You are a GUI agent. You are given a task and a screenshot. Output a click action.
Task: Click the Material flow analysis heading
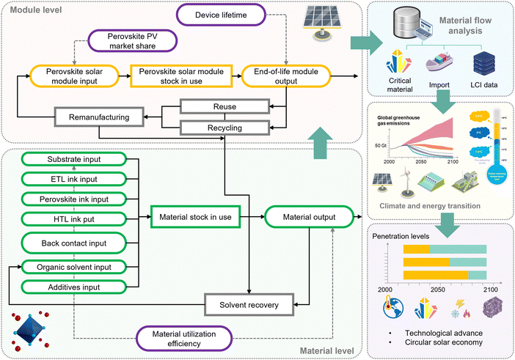[x=462, y=27]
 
